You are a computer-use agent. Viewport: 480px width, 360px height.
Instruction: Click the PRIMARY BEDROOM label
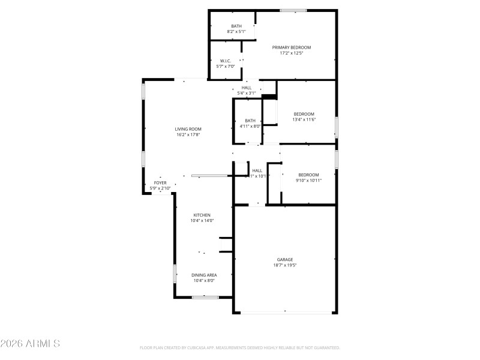[x=292, y=47]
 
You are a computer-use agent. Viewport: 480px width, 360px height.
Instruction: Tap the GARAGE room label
[x=285, y=260]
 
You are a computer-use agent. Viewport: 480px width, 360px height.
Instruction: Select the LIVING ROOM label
[x=188, y=129]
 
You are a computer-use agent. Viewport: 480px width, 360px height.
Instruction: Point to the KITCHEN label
[x=202, y=215]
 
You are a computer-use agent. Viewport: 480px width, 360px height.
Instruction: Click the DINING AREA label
[x=204, y=275]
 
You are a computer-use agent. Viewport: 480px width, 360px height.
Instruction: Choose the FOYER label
[x=160, y=182]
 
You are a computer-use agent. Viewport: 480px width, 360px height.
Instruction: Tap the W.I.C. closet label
[x=226, y=61]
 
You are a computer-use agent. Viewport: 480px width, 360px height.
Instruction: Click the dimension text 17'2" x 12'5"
[x=292, y=53]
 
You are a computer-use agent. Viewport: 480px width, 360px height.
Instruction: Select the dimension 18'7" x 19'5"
[x=285, y=265]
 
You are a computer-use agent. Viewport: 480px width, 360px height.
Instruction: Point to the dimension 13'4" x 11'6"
[x=304, y=119]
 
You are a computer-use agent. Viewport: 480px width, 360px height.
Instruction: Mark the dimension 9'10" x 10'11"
[x=308, y=180]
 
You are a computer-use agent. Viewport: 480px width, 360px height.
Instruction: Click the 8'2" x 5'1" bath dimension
[x=236, y=31]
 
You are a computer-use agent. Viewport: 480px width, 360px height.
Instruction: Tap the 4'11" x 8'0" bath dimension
[x=250, y=126]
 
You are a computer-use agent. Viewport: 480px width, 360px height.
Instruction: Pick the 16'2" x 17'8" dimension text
[x=188, y=135]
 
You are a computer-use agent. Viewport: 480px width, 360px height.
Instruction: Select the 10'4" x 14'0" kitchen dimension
[x=202, y=221]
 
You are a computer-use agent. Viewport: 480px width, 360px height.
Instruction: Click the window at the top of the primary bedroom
[x=293, y=10]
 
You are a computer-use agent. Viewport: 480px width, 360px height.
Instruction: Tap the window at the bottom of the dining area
[x=205, y=297]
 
